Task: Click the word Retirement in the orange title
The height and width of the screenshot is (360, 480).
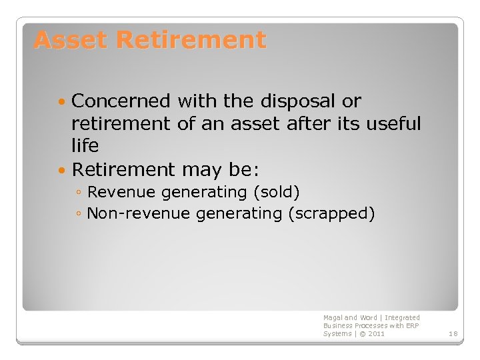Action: pos(191,40)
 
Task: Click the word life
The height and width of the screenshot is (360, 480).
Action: pos(85,145)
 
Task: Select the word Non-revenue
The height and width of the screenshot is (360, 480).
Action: pos(139,213)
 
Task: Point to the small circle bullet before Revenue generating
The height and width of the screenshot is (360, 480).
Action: pos(79,193)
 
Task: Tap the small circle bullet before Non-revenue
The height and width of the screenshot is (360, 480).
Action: pos(79,214)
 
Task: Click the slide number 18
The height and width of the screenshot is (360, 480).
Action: pos(453,333)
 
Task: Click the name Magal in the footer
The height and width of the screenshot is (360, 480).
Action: pos(332,317)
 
